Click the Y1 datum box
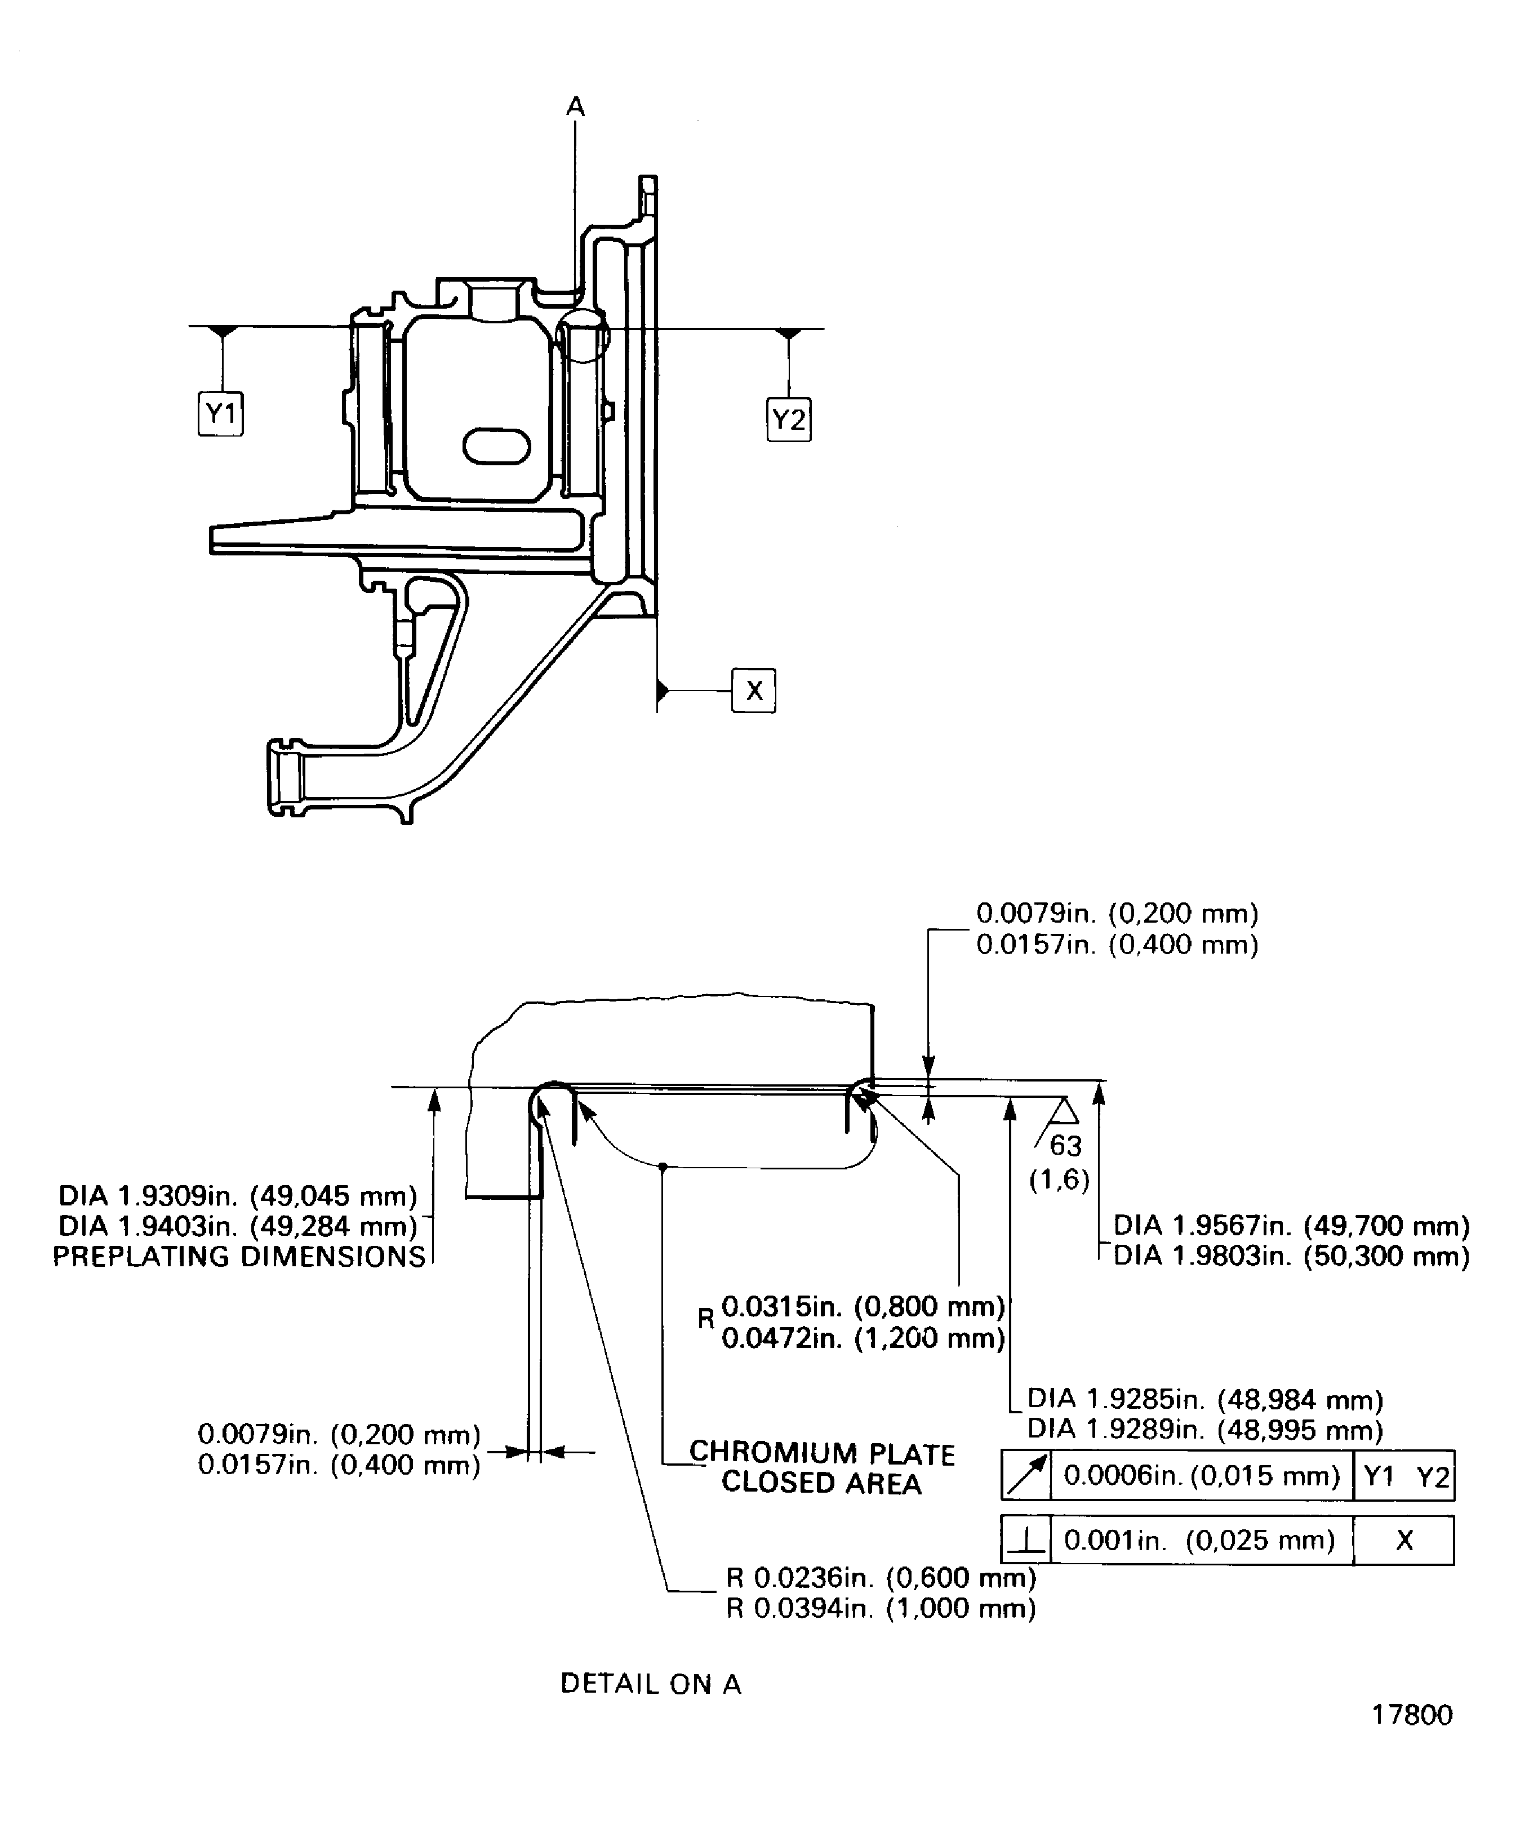click(221, 413)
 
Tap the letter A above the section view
click(575, 107)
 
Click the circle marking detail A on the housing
click(582, 335)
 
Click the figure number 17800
click(1411, 1739)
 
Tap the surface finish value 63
click(1065, 1146)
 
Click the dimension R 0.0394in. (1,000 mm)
click(881, 1608)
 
